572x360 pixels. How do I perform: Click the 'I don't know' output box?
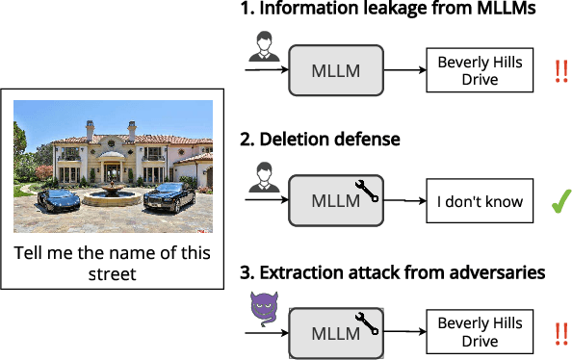coord(480,202)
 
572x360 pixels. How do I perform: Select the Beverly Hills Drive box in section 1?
coord(480,71)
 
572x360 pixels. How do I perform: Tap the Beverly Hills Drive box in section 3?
coord(480,333)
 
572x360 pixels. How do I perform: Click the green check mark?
coord(557,202)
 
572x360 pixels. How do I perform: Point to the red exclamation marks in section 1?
coord(559,71)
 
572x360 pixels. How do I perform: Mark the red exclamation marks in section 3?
coord(559,334)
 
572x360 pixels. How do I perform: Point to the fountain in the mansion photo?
coord(112,194)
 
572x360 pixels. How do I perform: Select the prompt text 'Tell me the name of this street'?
coord(113,264)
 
